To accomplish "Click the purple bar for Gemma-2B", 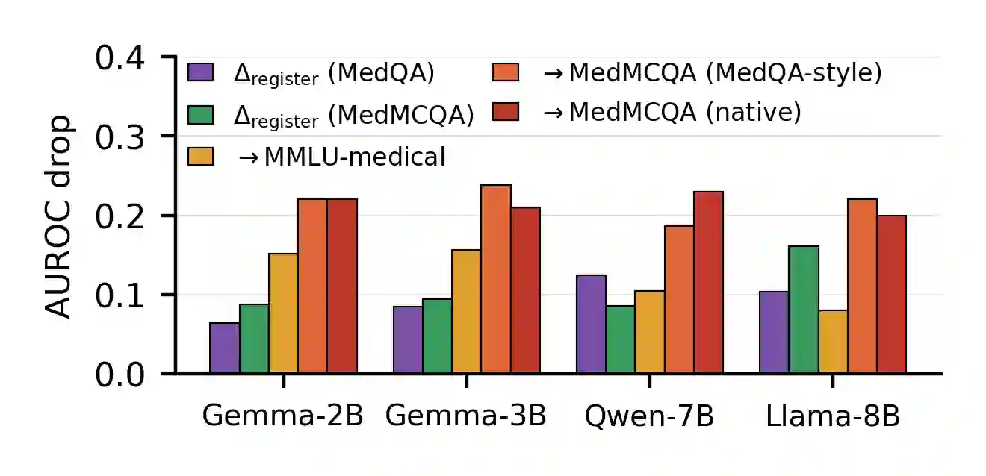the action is [x=225, y=348].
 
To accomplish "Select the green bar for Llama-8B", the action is [x=804, y=310].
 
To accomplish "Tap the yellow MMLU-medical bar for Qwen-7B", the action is [x=650, y=332].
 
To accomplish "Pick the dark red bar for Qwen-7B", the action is [x=709, y=283].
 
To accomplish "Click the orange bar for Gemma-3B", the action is [x=496, y=279].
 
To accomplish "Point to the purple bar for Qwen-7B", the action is [x=591, y=325].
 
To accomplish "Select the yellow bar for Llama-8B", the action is [x=834, y=342].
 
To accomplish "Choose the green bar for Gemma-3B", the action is [x=437, y=336].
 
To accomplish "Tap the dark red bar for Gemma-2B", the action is [x=342, y=286].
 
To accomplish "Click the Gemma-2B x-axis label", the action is [x=283, y=416].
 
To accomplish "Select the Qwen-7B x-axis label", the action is [x=649, y=416].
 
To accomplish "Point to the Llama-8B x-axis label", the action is [x=833, y=416].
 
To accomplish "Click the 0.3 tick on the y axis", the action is [x=169, y=136].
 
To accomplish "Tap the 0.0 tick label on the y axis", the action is [x=120, y=375].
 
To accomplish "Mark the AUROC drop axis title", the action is [x=58, y=216].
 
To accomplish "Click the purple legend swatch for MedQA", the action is [x=201, y=72].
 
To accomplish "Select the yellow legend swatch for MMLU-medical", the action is [x=201, y=156].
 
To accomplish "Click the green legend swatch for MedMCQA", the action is [x=201, y=115].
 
